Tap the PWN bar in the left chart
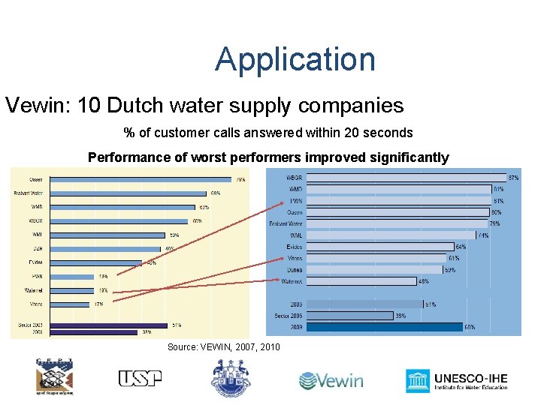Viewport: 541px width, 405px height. tap(71, 276)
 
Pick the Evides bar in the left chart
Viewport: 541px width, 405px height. tap(94, 262)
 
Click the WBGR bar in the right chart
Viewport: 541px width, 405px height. tap(407, 178)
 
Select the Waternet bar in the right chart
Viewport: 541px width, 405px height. tap(361, 281)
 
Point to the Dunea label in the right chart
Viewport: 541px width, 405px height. tap(294, 270)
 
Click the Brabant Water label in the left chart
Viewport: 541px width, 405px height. tap(29, 193)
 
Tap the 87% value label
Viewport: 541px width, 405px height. tap(514, 178)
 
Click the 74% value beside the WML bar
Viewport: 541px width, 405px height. tap(483, 235)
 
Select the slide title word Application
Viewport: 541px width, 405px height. tap(295, 59)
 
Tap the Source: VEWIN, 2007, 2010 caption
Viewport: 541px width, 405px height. tap(223, 346)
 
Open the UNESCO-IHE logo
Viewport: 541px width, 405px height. tap(457, 380)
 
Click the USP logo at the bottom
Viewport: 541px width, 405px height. tap(140, 379)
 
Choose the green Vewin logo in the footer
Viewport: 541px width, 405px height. tap(331, 380)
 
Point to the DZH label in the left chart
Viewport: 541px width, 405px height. tap(35, 248)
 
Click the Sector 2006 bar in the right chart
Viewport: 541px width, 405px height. tap(350, 316)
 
